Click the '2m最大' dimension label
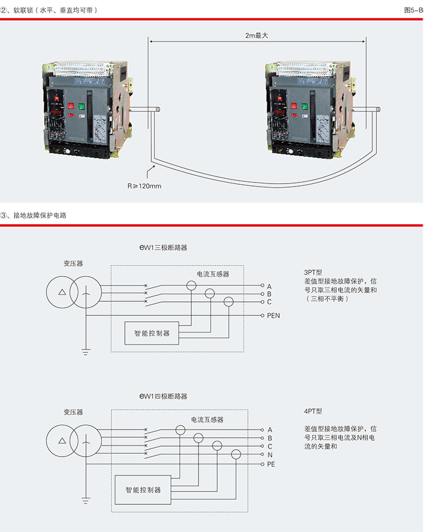257,35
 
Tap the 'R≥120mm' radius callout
144,186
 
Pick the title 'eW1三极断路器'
164,248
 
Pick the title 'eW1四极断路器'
164,397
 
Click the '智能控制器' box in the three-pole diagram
151,333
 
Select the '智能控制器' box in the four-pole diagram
143,490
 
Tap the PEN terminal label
273,315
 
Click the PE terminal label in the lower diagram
271,464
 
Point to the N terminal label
269,455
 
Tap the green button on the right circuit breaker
304,107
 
